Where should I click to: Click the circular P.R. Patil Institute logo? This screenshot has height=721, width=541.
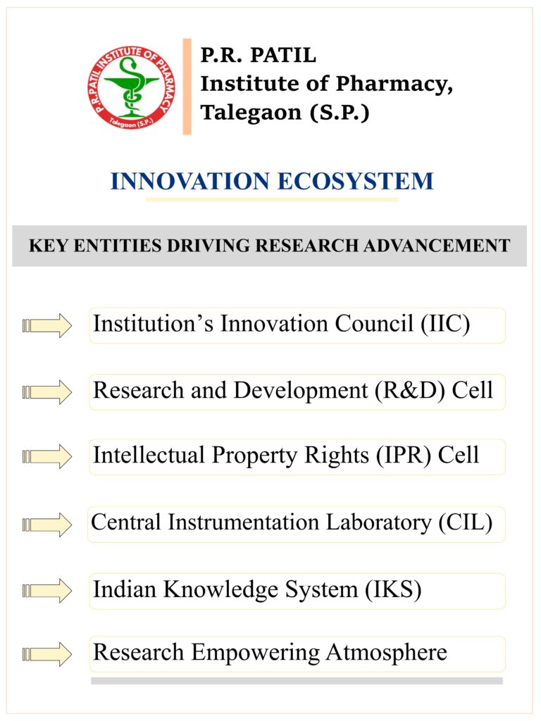point(132,87)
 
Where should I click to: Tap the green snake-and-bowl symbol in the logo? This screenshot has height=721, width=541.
point(132,87)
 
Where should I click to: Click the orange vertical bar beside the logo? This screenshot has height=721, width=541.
point(187,87)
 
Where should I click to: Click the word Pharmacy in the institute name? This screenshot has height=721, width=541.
point(394,84)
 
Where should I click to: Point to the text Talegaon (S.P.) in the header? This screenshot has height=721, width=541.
point(285,112)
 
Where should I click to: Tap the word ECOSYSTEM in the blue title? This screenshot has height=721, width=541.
point(356,181)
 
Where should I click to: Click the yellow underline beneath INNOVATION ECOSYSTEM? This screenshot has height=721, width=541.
point(273,199)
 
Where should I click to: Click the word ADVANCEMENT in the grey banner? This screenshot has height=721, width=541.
point(437,246)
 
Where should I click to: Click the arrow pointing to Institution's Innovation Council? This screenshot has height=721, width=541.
point(47,325)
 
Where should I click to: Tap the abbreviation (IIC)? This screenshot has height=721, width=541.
point(445,324)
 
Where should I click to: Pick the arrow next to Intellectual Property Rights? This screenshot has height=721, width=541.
point(47,456)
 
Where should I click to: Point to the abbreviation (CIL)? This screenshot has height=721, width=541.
point(465,522)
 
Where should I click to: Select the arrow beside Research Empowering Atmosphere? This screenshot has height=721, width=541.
point(47,654)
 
